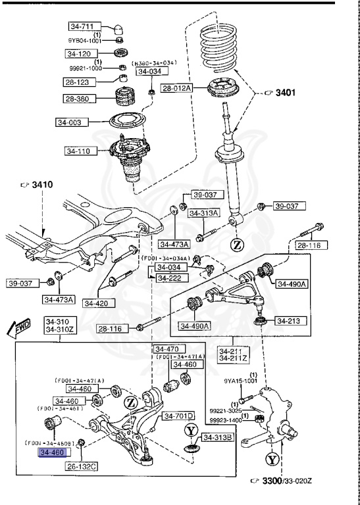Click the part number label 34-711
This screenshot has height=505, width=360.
(x=83, y=26)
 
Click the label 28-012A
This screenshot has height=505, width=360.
(x=176, y=88)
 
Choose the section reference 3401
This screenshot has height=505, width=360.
(x=282, y=93)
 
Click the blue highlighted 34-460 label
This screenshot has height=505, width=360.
(x=54, y=452)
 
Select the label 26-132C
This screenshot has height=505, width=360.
(x=82, y=466)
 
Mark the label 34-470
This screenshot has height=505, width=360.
(x=167, y=349)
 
